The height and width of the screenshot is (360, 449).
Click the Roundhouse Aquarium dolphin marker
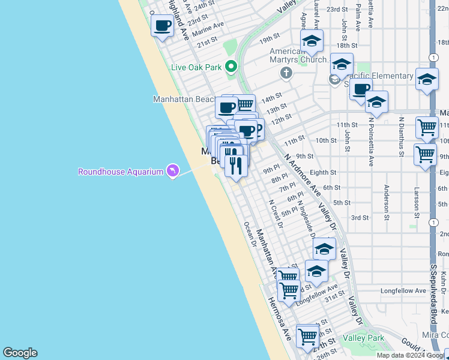pos(173,172)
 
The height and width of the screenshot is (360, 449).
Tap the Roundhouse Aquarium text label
pos(121,172)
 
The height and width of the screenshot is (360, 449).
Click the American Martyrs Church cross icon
pos(286,73)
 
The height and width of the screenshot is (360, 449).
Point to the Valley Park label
pos(363,338)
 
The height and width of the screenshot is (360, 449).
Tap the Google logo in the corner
pos(20,353)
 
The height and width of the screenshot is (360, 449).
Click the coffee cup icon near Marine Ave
pos(163,26)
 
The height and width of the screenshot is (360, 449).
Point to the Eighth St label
pos(323,172)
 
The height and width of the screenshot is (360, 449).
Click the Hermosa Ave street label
pos(279,319)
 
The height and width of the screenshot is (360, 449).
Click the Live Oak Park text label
pos(196,67)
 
